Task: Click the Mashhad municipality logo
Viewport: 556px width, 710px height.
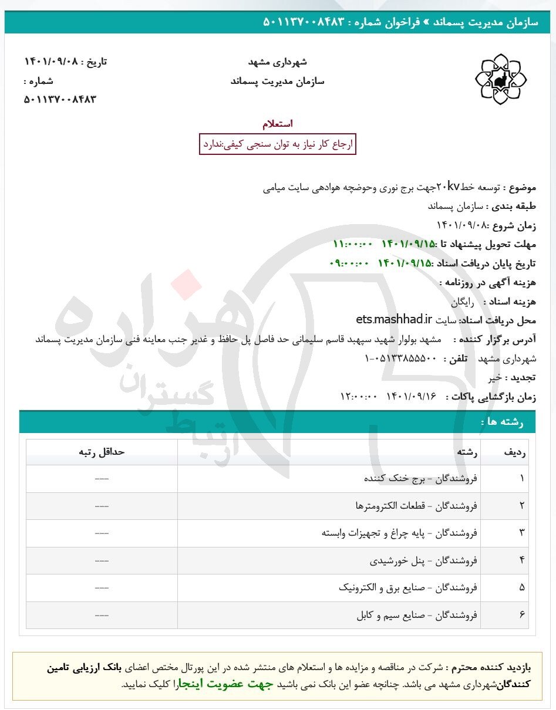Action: click(x=500, y=79)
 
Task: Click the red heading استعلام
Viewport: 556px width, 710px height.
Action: click(x=278, y=124)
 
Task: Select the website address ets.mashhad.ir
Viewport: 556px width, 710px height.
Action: click(x=393, y=320)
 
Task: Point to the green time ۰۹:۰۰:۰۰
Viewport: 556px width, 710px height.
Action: click(x=350, y=263)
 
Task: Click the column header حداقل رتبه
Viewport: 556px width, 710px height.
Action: click(x=102, y=452)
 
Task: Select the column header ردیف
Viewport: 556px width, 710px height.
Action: click(x=515, y=452)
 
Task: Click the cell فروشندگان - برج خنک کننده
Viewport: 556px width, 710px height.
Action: click(x=421, y=478)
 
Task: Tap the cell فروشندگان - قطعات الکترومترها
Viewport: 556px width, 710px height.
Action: click(x=416, y=505)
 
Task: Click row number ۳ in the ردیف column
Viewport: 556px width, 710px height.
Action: click(x=521, y=533)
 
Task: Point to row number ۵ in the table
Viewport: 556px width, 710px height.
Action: click(x=521, y=587)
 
